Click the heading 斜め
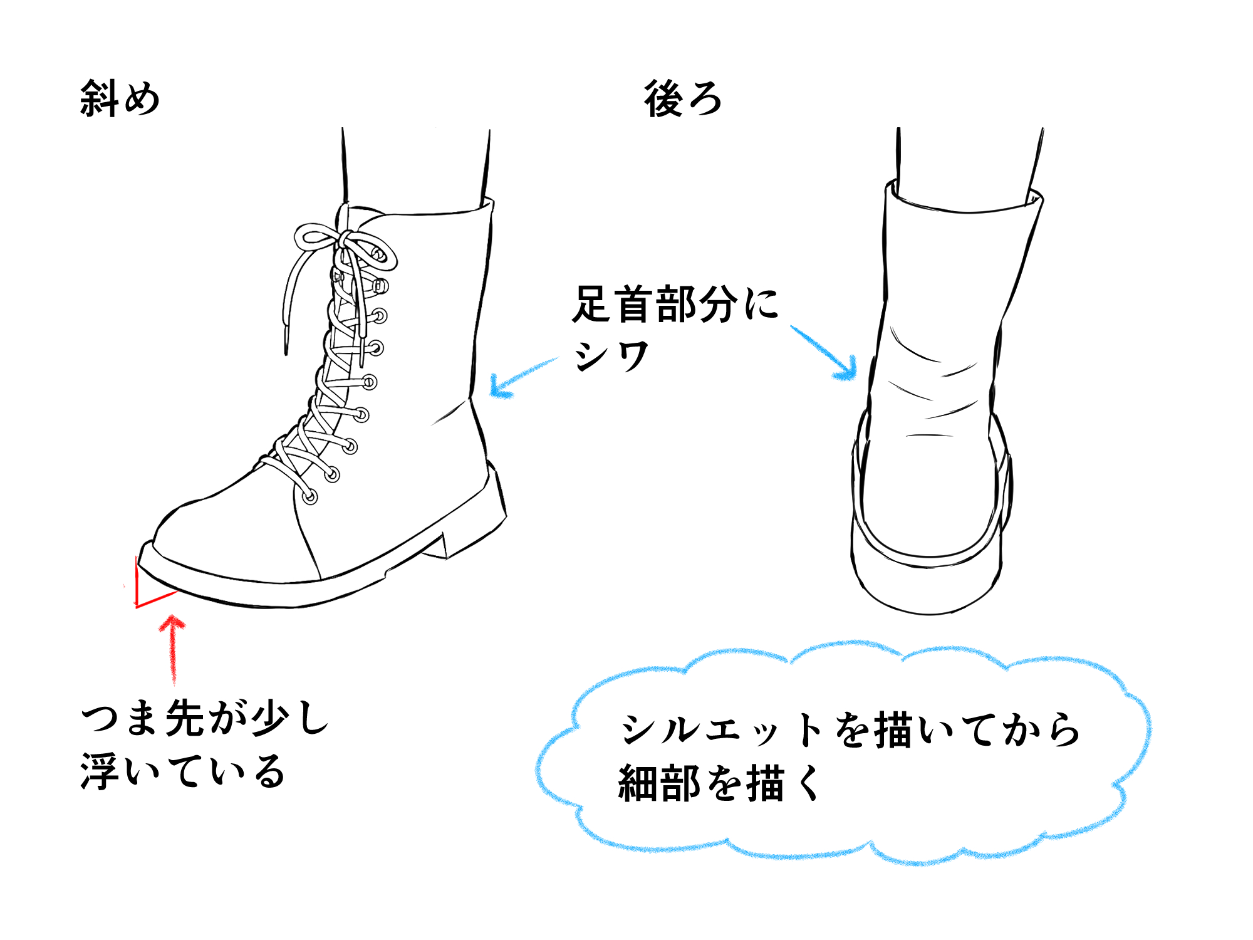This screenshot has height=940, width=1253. click(x=120, y=99)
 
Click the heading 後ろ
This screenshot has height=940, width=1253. click(x=683, y=99)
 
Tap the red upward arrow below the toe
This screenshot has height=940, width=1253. click(x=172, y=649)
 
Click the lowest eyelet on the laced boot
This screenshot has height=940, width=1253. click(x=310, y=497)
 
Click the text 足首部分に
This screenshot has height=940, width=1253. click(x=675, y=305)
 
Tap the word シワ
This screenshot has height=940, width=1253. click(x=611, y=357)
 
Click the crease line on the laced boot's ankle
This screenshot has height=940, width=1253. click(x=448, y=414)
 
